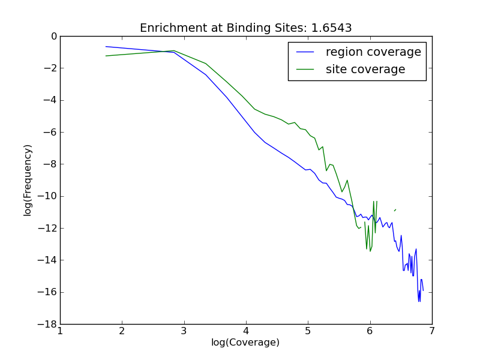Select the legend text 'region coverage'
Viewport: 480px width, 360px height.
373,52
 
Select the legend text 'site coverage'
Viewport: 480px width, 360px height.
365,70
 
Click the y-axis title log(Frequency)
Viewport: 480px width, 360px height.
28,180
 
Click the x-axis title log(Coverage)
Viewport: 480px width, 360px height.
245,343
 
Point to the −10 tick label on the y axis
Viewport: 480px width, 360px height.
47,196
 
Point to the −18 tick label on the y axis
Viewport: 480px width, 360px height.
47,324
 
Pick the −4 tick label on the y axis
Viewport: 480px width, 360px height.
50,100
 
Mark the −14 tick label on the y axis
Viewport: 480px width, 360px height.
47,260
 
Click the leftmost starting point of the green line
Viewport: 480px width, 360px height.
106,56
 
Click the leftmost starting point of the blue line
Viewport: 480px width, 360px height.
106,46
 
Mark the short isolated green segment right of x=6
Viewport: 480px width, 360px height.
395,210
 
